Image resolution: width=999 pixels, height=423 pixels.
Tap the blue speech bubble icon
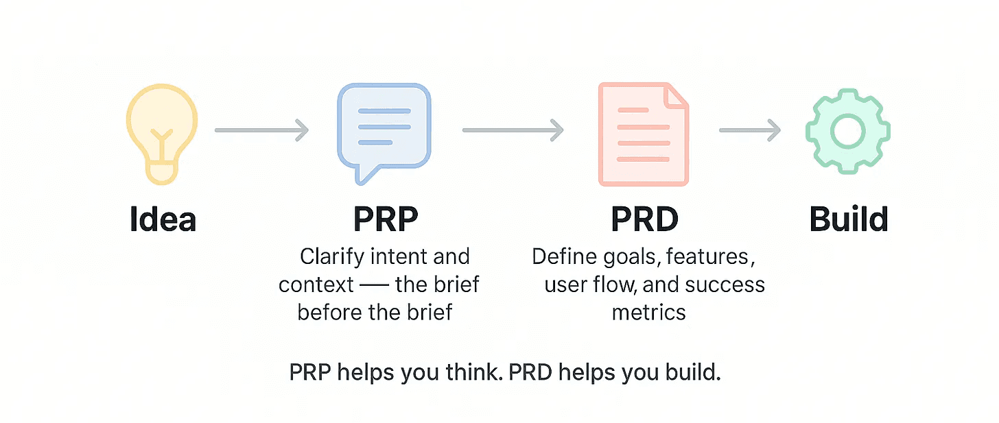tap(384, 130)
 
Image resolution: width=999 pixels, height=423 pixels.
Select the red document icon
tap(642, 134)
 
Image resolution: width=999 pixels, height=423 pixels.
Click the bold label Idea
tap(163, 219)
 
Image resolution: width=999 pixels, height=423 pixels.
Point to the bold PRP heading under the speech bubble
tap(385, 219)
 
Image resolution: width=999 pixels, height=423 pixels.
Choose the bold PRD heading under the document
tap(644, 219)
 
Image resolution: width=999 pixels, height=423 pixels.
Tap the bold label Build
tap(849, 219)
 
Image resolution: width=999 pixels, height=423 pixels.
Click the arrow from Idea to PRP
tap(261, 130)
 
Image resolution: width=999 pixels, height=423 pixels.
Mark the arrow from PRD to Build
tap(750, 130)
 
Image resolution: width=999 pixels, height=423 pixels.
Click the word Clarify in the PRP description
tap(330, 257)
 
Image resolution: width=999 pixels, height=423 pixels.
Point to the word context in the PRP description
tap(316, 285)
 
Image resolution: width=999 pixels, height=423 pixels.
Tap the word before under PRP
tap(330, 312)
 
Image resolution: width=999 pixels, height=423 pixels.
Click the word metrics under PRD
tap(648, 312)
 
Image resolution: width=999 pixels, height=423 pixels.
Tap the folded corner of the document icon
tap(677, 95)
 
